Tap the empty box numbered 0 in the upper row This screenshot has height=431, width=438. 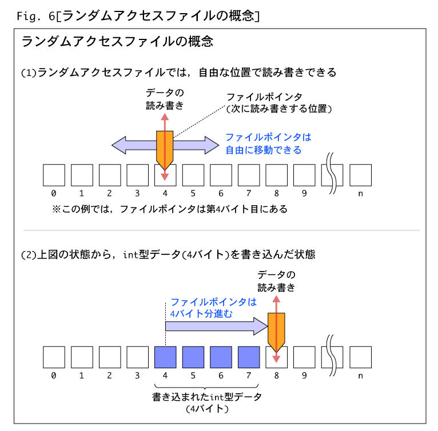pyautogui.click(x=54, y=175)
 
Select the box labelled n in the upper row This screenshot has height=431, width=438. pyautogui.click(x=360, y=175)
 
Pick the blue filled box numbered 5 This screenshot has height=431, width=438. pyautogui.click(x=193, y=357)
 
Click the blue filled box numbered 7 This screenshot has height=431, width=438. pyautogui.click(x=249, y=357)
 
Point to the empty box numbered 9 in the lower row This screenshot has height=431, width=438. pyautogui.click(x=304, y=357)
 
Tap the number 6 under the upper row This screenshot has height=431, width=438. pyautogui.click(x=221, y=193)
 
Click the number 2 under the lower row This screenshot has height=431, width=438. pyautogui.click(x=109, y=376)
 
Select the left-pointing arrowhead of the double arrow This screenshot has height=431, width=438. pyautogui.click(x=120, y=145)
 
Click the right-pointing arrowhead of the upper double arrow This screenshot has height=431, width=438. pyautogui.click(x=212, y=145)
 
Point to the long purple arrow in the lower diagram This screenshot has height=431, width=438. pyautogui.click(x=217, y=326)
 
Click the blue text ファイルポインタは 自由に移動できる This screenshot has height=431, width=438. pyautogui.click(x=268, y=143)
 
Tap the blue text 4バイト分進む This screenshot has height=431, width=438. pyautogui.click(x=201, y=314)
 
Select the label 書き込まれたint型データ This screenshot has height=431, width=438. pyautogui.click(x=207, y=397)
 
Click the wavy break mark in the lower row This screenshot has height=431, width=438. pyautogui.click(x=332, y=356)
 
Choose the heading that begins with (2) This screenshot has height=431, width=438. pyautogui.click(x=168, y=254)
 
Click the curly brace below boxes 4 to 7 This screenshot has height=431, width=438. pyautogui.click(x=206, y=387)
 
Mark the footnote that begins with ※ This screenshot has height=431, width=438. pyautogui.click(x=170, y=209)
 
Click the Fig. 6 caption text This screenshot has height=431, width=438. pyautogui.click(x=138, y=16)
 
